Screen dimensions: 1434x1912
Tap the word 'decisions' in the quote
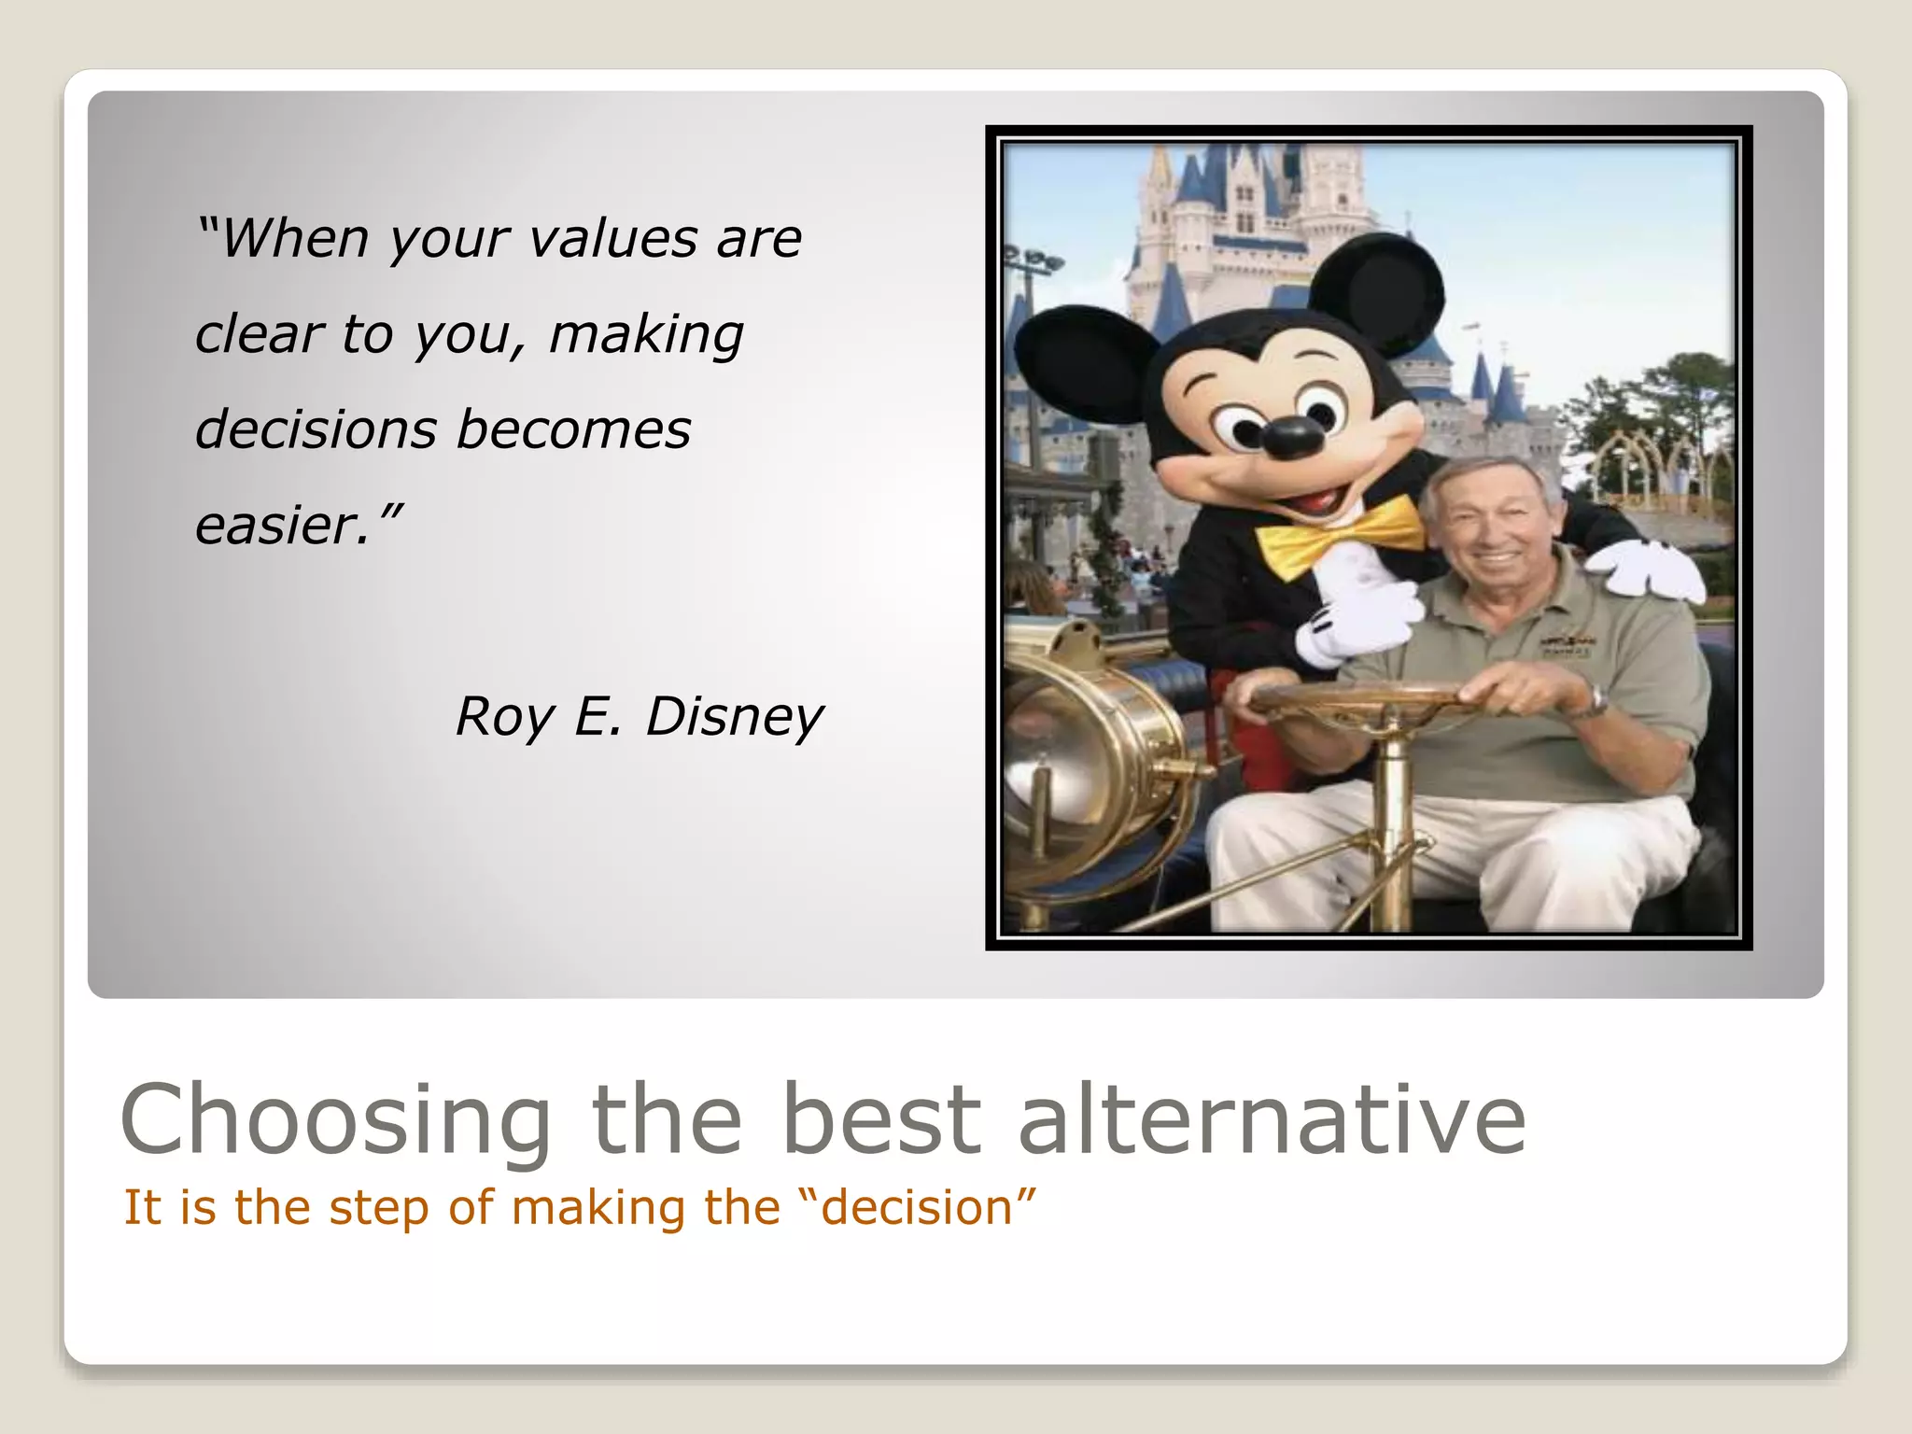click(x=316, y=430)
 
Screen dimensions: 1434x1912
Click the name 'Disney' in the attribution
click(x=735, y=718)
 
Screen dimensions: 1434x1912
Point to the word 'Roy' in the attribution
click(x=504, y=718)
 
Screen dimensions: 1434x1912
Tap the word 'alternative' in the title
click(x=1272, y=1118)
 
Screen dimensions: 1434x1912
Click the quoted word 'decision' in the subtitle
click(x=918, y=1207)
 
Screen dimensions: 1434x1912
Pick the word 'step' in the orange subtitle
click(x=379, y=1208)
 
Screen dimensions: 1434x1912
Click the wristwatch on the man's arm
click(x=1598, y=700)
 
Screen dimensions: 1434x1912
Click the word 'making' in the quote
click(x=646, y=335)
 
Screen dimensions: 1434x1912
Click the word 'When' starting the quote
click(x=294, y=239)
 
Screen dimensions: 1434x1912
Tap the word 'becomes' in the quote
click(x=573, y=430)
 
